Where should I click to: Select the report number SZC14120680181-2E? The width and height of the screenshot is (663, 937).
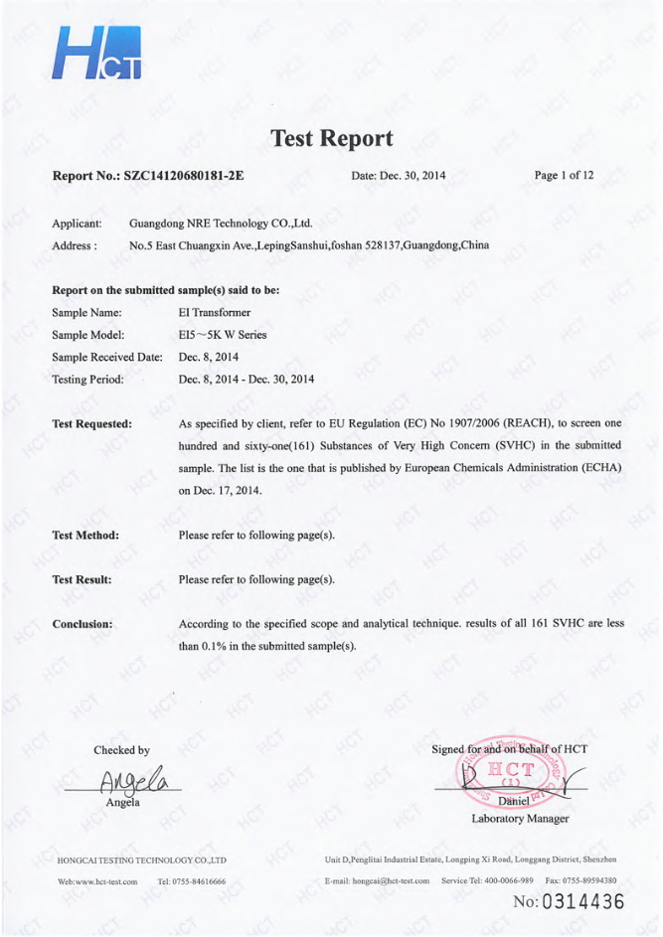[x=184, y=176]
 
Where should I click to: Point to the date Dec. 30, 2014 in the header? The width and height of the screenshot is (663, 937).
[x=399, y=176]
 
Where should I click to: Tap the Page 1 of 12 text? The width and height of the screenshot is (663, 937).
[x=565, y=176]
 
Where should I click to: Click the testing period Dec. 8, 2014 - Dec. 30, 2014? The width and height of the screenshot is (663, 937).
[x=247, y=379]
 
